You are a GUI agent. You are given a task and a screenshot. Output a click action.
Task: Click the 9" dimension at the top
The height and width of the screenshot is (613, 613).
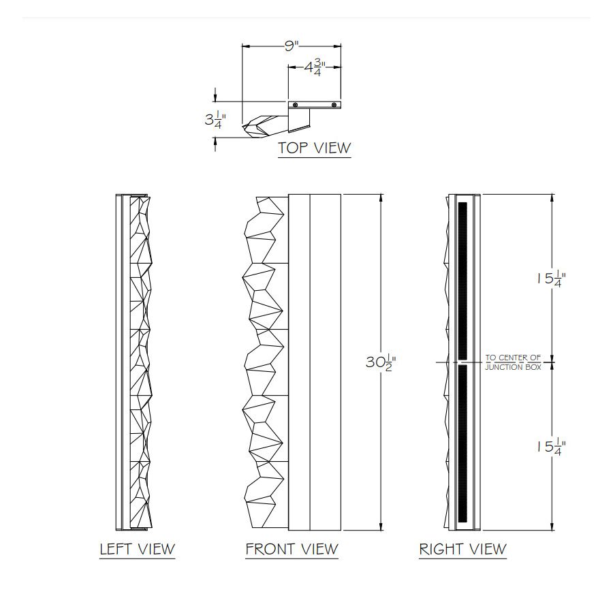pos(292,46)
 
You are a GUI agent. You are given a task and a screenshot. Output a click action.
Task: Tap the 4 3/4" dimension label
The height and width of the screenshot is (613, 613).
pos(315,67)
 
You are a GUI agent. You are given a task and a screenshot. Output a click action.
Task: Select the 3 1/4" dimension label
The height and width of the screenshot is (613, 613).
pos(215,120)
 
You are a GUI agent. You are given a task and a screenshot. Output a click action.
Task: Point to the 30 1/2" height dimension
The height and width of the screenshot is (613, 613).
pos(381,362)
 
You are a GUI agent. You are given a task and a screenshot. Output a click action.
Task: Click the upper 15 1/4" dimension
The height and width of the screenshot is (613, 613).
pos(551,279)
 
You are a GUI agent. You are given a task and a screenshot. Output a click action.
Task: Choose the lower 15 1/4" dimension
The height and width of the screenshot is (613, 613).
pos(551,446)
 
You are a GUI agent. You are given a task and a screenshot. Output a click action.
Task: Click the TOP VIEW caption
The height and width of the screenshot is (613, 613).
pos(314,148)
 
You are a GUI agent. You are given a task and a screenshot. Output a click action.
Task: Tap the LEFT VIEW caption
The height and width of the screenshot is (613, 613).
pos(137,549)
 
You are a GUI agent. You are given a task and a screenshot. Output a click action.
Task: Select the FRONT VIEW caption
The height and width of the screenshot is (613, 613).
pos(292,549)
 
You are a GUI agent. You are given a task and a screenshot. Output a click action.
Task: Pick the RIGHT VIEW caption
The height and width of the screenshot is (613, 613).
pos(463,549)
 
